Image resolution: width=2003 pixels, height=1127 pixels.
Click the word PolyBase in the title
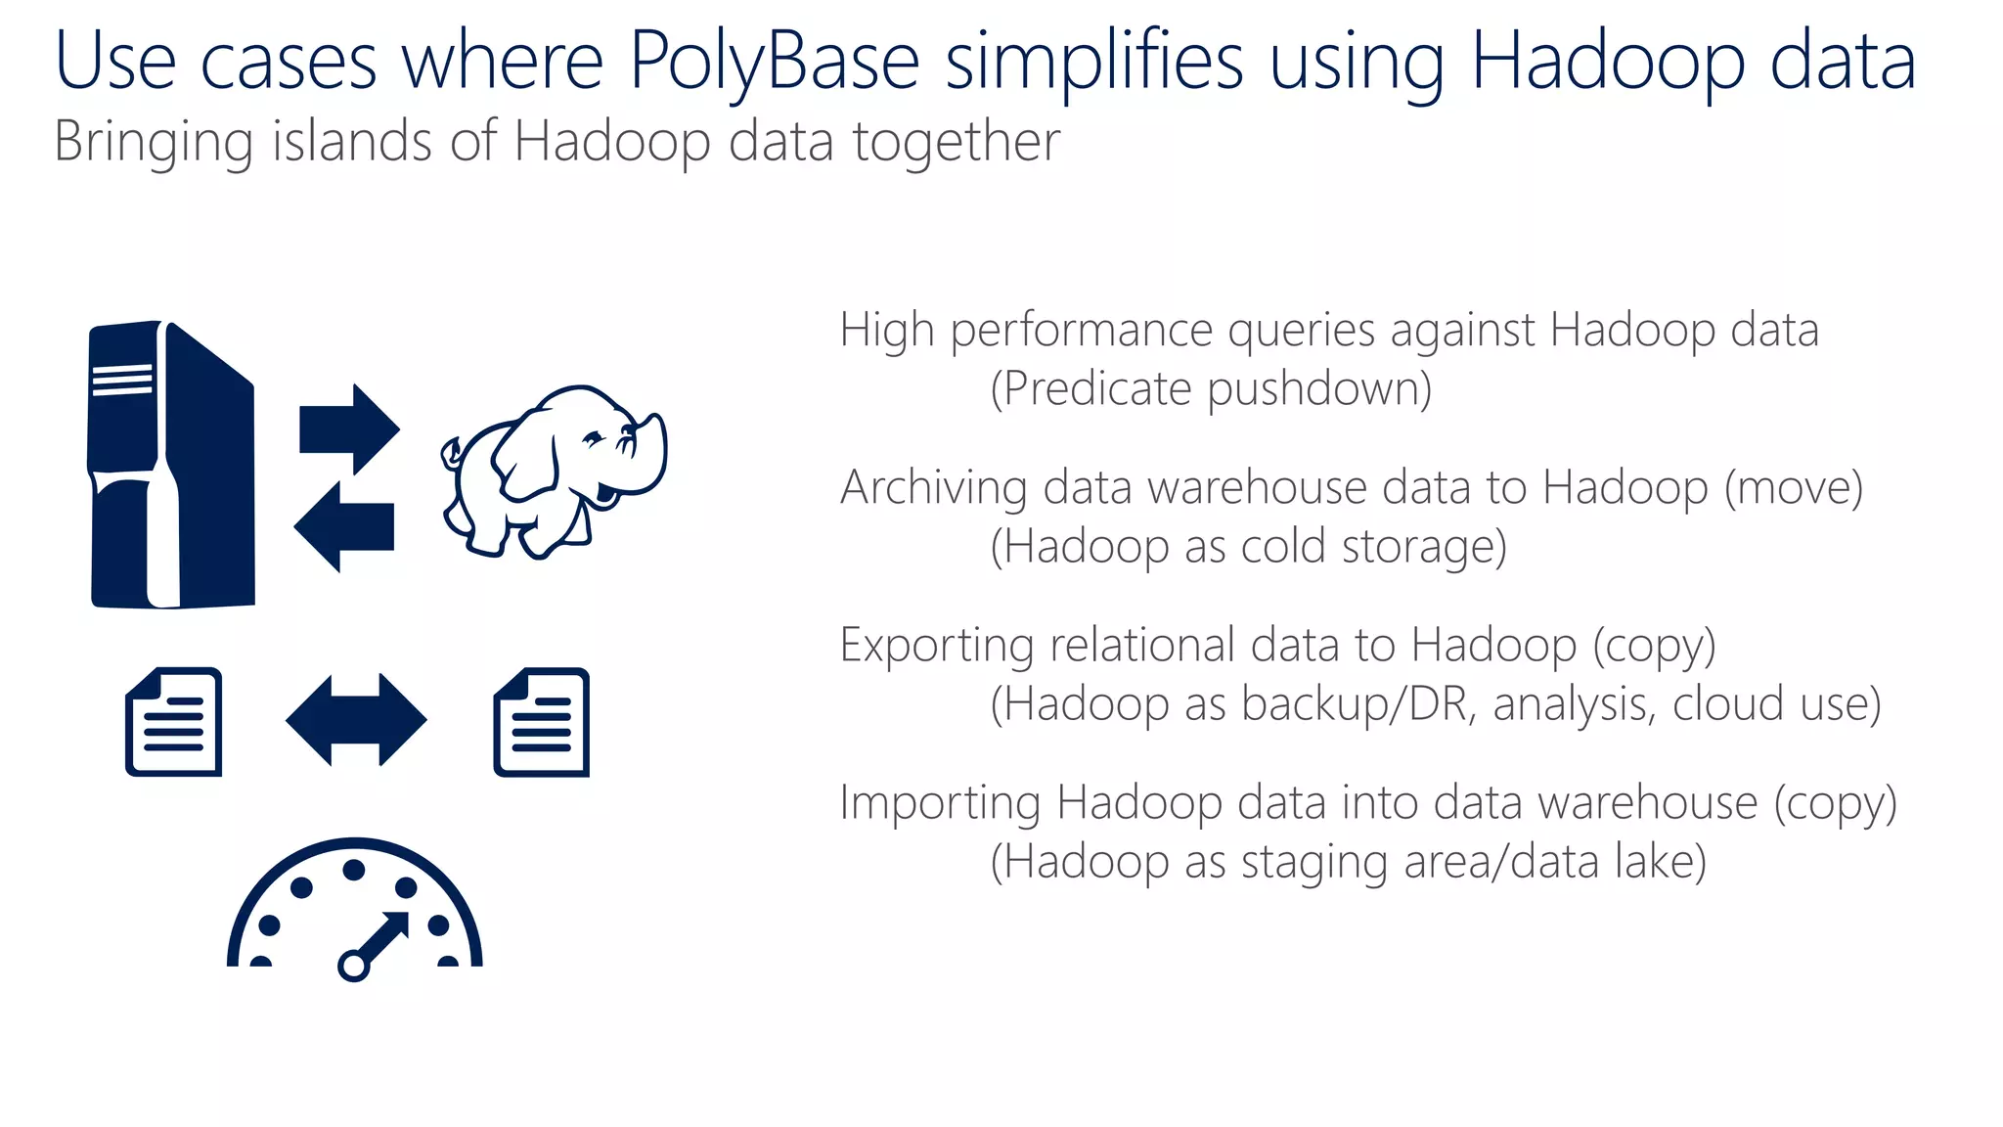(774, 62)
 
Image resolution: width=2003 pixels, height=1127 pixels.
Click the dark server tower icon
(172, 465)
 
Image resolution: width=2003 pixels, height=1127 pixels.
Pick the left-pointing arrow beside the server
(344, 526)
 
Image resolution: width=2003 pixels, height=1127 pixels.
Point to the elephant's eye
(594, 436)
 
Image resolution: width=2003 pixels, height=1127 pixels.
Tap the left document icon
(174, 722)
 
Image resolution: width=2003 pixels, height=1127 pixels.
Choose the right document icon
(542, 722)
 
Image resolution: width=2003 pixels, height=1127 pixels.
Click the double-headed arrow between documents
(356, 720)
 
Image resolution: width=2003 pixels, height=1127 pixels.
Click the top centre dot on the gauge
(354, 870)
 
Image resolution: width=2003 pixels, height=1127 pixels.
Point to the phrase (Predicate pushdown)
(1211, 389)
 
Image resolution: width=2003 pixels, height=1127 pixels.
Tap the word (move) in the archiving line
(1793, 487)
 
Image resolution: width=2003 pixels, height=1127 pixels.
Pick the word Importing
(940, 802)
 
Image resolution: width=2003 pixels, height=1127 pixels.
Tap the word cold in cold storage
(1283, 547)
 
